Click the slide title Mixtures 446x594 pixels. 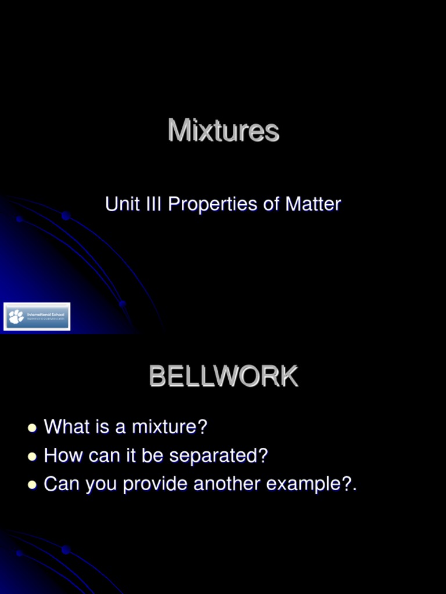(x=224, y=131)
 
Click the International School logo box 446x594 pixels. (x=37, y=317)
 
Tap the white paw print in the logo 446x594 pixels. (x=16, y=317)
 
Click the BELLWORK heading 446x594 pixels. (x=224, y=377)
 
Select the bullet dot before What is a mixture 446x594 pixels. (x=32, y=428)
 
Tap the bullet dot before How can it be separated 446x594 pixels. (x=32, y=457)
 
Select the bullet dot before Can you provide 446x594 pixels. (x=32, y=485)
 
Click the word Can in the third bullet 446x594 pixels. (x=62, y=484)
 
